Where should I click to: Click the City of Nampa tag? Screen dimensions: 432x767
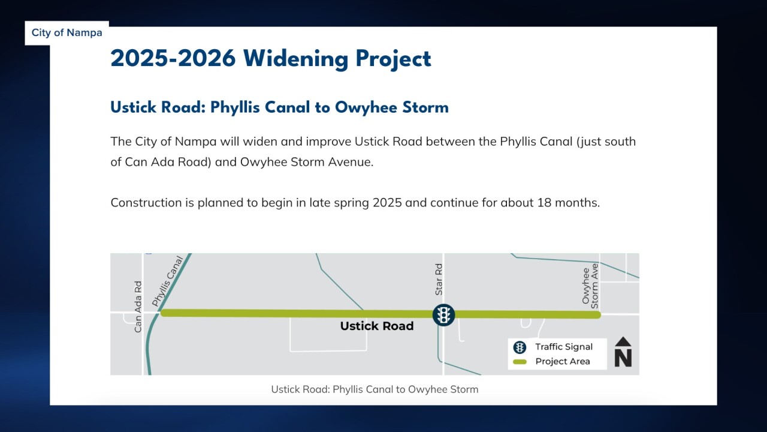click(67, 33)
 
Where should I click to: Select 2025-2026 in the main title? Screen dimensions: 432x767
click(173, 59)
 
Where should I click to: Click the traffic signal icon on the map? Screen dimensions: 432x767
click(443, 314)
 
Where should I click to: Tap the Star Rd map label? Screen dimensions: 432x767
click(439, 279)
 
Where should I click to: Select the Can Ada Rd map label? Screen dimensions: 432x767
click(138, 307)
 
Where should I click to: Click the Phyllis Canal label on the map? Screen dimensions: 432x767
click(167, 280)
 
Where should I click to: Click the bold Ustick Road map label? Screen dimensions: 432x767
click(377, 326)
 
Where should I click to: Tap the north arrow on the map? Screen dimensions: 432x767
click(623, 352)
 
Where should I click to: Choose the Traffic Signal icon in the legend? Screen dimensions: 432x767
click(520, 347)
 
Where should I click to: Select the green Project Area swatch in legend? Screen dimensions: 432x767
click(520, 361)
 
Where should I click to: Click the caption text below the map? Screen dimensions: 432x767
click(375, 389)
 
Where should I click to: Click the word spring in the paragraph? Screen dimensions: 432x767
click(352, 203)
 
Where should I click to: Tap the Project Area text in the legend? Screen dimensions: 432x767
click(563, 361)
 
